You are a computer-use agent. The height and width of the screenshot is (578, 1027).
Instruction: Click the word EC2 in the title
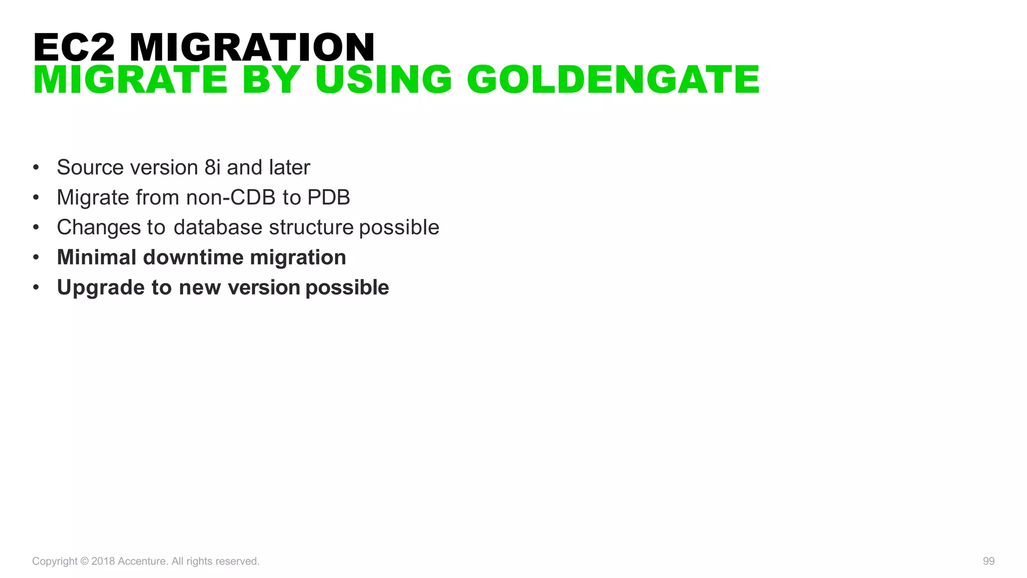point(74,48)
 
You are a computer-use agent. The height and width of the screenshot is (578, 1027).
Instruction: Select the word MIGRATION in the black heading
point(252,48)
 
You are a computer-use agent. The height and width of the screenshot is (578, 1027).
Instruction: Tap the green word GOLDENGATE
point(613,80)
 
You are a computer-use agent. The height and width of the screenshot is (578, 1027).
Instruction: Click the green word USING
point(384,80)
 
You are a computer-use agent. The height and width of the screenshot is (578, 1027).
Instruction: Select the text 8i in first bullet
point(213,167)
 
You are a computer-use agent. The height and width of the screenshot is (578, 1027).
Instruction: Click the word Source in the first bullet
point(91,167)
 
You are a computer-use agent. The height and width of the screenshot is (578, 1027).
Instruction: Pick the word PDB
point(328,197)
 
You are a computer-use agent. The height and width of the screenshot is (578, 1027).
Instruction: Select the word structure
point(311,227)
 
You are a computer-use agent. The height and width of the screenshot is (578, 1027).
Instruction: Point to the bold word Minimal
point(97,257)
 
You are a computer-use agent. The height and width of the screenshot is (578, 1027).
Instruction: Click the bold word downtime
point(193,257)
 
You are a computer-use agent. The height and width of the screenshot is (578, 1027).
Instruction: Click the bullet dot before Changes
point(36,227)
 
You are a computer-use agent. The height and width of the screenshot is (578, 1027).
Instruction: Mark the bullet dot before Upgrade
point(36,287)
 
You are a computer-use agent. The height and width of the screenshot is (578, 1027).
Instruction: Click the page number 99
point(988,561)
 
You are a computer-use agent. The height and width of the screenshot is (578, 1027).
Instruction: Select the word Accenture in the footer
point(142,561)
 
